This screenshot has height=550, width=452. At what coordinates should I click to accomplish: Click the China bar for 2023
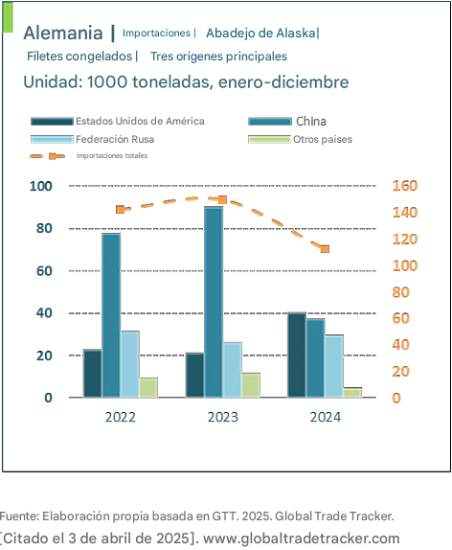pos(214,302)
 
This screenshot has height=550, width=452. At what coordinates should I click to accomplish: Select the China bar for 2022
pos(111,315)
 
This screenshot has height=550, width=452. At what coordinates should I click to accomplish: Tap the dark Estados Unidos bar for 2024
pos(297,355)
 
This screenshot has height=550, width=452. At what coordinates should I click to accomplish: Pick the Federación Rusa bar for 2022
pos(129,364)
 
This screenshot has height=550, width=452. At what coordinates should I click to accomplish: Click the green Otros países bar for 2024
pos(352,393)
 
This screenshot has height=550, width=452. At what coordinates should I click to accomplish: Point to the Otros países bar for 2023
pos(251,385)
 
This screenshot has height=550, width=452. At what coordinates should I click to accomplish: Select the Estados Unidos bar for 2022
pos(93,374)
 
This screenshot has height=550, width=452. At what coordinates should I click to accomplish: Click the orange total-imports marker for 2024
pos(325,249)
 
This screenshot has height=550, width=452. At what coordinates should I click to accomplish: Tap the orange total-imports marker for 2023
pos(222,200)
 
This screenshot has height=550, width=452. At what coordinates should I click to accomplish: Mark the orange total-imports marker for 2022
pos(121,210)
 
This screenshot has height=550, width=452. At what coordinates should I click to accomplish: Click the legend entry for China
pos(287,122)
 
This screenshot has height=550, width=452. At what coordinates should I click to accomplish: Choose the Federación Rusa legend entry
pos(93,139)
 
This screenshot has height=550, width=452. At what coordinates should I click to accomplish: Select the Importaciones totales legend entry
pos(89,156)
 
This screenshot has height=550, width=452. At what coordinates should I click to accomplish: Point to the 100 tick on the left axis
pos(41,186)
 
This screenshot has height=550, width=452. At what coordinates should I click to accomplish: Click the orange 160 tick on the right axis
pos(405,186)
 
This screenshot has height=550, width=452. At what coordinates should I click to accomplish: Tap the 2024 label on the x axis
pos(325,417)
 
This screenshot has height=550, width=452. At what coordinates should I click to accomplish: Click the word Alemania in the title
pos(63,33)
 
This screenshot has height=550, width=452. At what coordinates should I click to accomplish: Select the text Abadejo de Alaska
pos(260,33)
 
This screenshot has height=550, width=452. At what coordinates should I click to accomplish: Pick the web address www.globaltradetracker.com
pos(302,539)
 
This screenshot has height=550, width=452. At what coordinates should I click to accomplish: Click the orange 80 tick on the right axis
pos(401,292)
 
